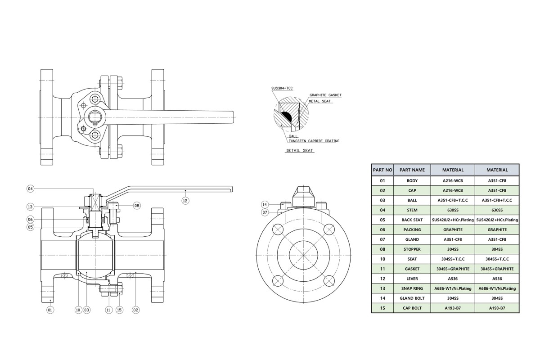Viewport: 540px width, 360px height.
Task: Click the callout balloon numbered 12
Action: coord(185,201)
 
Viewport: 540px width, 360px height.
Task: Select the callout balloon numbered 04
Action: coord(31,189)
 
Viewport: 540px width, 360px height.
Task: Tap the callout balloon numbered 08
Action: coord(137,206)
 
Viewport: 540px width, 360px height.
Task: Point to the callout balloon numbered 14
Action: coord(265,204)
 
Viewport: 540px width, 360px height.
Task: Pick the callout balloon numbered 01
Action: coord(50,310)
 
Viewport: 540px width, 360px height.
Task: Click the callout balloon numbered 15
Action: coord(119,310)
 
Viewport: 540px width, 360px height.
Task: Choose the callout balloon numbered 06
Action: coord(31,220)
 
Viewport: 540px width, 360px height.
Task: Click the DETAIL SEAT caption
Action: coord(299,151)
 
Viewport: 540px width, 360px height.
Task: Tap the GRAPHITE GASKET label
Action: coord(325,95)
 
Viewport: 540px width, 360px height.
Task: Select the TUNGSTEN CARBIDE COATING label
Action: coord(314,141)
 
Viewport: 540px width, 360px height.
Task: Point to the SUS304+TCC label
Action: coord(282,88)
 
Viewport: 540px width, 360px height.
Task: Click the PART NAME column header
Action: coord(412,170)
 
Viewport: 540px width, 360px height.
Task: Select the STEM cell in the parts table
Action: coord(412,210)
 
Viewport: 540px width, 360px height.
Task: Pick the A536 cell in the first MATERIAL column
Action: coord(453,279)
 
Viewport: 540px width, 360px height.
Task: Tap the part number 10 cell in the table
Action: coord(382,259)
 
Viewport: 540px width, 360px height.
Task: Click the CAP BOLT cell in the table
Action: coord(412,308)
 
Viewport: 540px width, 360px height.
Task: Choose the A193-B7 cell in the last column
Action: coord(497,308)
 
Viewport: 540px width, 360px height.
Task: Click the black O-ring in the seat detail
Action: coord(286,117)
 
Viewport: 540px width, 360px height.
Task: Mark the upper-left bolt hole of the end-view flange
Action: coord(278,229)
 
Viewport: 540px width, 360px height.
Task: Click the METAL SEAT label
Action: coord(319,101)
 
